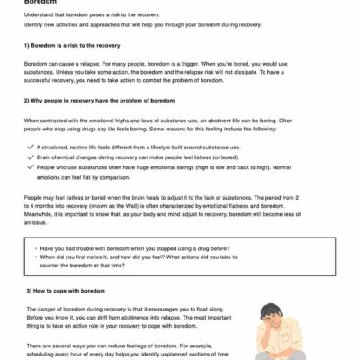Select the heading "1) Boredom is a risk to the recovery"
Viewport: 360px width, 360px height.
(73, 43)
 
